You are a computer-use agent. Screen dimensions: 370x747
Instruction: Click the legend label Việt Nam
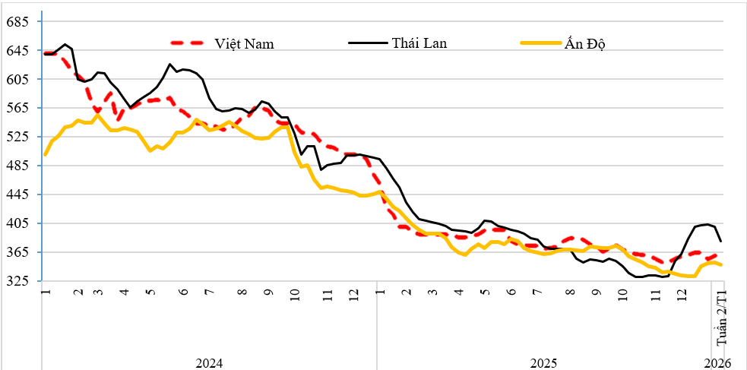pos(244,43)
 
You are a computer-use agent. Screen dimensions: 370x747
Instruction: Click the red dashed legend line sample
pos(188,43)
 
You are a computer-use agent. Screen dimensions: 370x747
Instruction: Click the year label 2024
pos(209,362)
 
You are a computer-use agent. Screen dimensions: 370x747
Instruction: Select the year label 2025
pos(544,362)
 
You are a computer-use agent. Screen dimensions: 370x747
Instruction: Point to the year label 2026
pos(718,362)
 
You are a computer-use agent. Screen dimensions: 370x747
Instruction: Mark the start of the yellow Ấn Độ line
pos(46,154)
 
